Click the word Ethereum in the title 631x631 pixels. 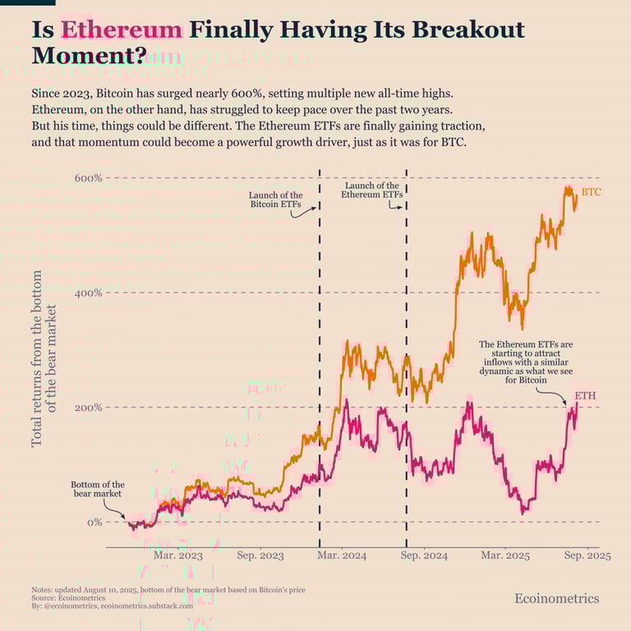[122, 30]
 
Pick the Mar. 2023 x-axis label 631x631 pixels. [178, 556]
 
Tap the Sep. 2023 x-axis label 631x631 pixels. [260, 556]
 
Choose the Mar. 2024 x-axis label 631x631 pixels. [342, 556]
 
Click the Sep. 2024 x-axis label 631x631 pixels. [424, 556]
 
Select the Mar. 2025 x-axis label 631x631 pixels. [504, 556]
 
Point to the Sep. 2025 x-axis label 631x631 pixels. [587, 556]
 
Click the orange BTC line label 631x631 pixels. [592, 192]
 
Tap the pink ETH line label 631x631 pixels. [585, 396]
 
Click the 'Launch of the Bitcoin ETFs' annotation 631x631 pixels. [275, 200]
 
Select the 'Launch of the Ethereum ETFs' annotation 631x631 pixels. [372, 191]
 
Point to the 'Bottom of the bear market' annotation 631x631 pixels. [98, 489]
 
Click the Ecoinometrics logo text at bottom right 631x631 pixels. [556, 598]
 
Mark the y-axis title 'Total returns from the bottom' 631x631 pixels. [38, 359]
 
